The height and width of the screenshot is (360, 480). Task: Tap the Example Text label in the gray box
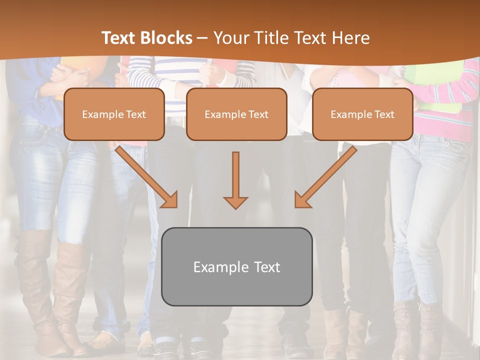coord(236,267)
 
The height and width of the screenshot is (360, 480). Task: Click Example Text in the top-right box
coord(362,114)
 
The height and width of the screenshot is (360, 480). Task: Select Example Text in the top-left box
coord(114,114)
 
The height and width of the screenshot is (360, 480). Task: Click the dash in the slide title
coord(202,38)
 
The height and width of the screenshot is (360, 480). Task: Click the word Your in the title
coord(231,38)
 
